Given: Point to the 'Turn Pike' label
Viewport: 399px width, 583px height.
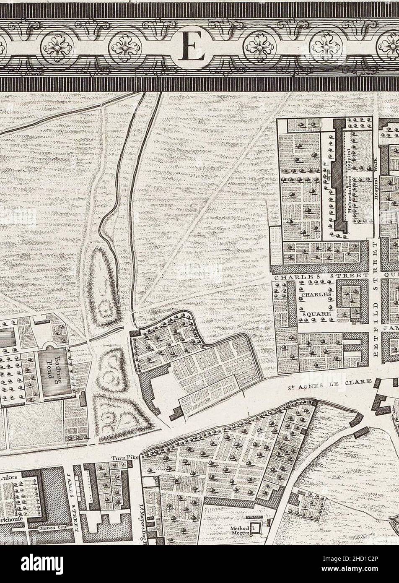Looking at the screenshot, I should (125, 458).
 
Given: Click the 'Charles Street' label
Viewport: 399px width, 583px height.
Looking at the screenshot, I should (321, 276).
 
